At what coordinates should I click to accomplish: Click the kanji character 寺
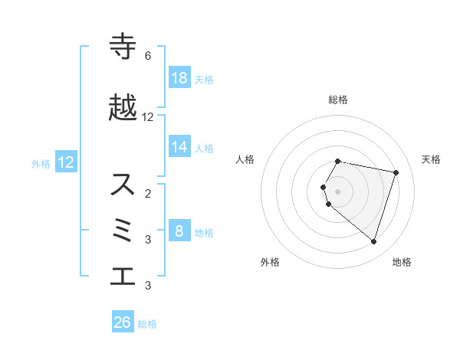tap(123, 47)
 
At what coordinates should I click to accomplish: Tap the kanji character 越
tap(123, 109)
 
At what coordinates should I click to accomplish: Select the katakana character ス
tap(123, 185)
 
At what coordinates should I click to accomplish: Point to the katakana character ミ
tap(123, 231)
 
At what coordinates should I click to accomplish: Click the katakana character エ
tap(123, 277)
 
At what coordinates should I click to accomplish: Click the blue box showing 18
tap(179, 78)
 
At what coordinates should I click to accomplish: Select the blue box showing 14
tap(179, 147)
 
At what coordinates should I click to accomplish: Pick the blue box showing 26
tap(122, 322)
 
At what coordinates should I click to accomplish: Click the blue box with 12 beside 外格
tap(65, 162)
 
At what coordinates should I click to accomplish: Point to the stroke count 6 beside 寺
tap(147, 56)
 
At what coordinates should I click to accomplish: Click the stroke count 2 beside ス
tap(147, 194)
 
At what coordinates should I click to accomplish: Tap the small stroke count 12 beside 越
tap(148, 117)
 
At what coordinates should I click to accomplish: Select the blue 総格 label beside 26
tap(147, 324)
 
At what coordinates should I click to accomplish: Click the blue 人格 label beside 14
tap(204, 148)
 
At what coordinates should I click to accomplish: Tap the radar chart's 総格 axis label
tap(337, 100)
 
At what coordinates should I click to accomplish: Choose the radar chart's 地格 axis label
tap(402, 262)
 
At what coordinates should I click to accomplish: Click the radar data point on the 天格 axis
tap(396, 172)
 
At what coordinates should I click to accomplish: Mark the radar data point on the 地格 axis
tap(373, 241)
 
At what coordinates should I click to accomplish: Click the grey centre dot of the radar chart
tap(337, 191)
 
